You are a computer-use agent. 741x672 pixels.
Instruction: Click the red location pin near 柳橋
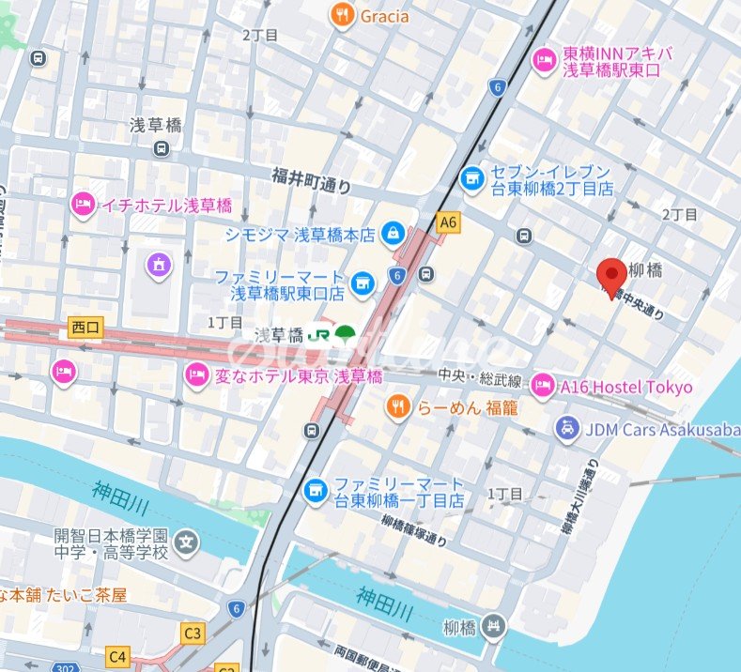[612, 275]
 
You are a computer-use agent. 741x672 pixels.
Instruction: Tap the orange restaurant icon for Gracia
[342, 15]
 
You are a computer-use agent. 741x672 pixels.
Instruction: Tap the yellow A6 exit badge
[449, 222]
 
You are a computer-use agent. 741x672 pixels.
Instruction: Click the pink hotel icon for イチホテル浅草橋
[84, 204]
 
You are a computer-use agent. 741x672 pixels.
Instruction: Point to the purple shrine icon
[159, 267]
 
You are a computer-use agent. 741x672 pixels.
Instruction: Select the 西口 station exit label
[85, 328]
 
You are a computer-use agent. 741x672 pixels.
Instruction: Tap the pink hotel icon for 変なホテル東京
[196, 375]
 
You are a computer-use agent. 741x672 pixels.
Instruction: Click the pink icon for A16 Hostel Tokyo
[543, 385]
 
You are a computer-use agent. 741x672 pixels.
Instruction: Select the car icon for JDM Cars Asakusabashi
[566, 429]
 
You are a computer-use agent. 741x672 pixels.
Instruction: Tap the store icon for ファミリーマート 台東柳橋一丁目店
[316, 490]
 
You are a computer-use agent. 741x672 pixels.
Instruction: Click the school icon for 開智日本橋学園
[188, 542]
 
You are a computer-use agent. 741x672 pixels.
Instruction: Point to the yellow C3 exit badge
[193, 634]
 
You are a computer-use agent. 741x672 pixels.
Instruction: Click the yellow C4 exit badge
[117, 656]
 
